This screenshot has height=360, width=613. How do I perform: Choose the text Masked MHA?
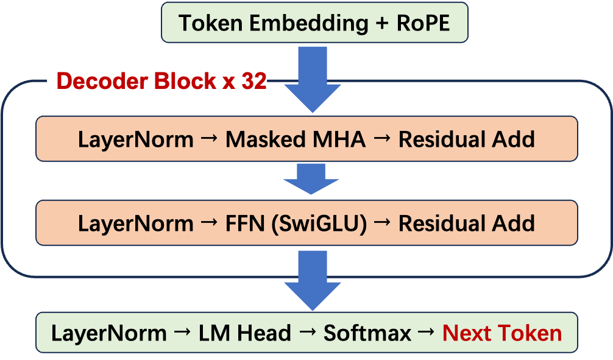[296, 139]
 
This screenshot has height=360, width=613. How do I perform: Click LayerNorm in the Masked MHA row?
[135, 139]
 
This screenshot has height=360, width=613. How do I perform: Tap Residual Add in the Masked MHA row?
[467, 139]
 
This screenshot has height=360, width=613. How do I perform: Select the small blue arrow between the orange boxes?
[311, 178]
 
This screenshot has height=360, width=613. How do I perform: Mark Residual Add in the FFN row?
[467, 224]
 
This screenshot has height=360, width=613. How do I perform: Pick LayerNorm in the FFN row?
[135, 224]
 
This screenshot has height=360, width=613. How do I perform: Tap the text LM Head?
[245, 333]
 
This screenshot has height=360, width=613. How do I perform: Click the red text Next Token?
[502, 333]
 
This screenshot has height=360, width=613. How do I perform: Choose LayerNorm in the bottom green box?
[108, 333]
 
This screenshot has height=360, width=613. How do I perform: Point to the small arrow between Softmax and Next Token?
[428, 333]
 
